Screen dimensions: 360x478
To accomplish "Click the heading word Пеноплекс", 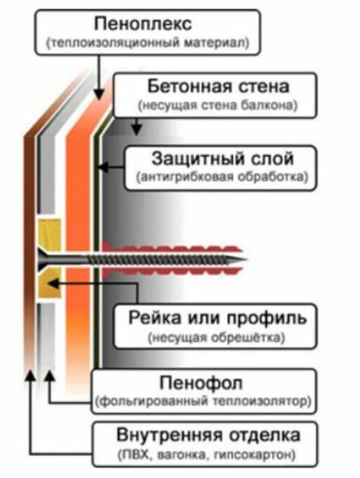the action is [143, 24].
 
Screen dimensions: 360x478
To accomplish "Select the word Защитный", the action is [198, 159].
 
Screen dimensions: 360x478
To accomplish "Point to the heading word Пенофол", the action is [201, 383].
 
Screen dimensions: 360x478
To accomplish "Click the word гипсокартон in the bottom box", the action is [255, 455].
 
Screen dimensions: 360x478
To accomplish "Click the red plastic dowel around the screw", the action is [172, 259].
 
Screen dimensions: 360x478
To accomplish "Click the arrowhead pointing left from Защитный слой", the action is [103, 167].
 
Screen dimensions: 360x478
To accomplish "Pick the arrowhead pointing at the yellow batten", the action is [53, 284].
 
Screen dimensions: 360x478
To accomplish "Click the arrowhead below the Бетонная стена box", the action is [137, 130].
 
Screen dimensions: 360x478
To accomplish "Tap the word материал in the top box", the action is [216, 43].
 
